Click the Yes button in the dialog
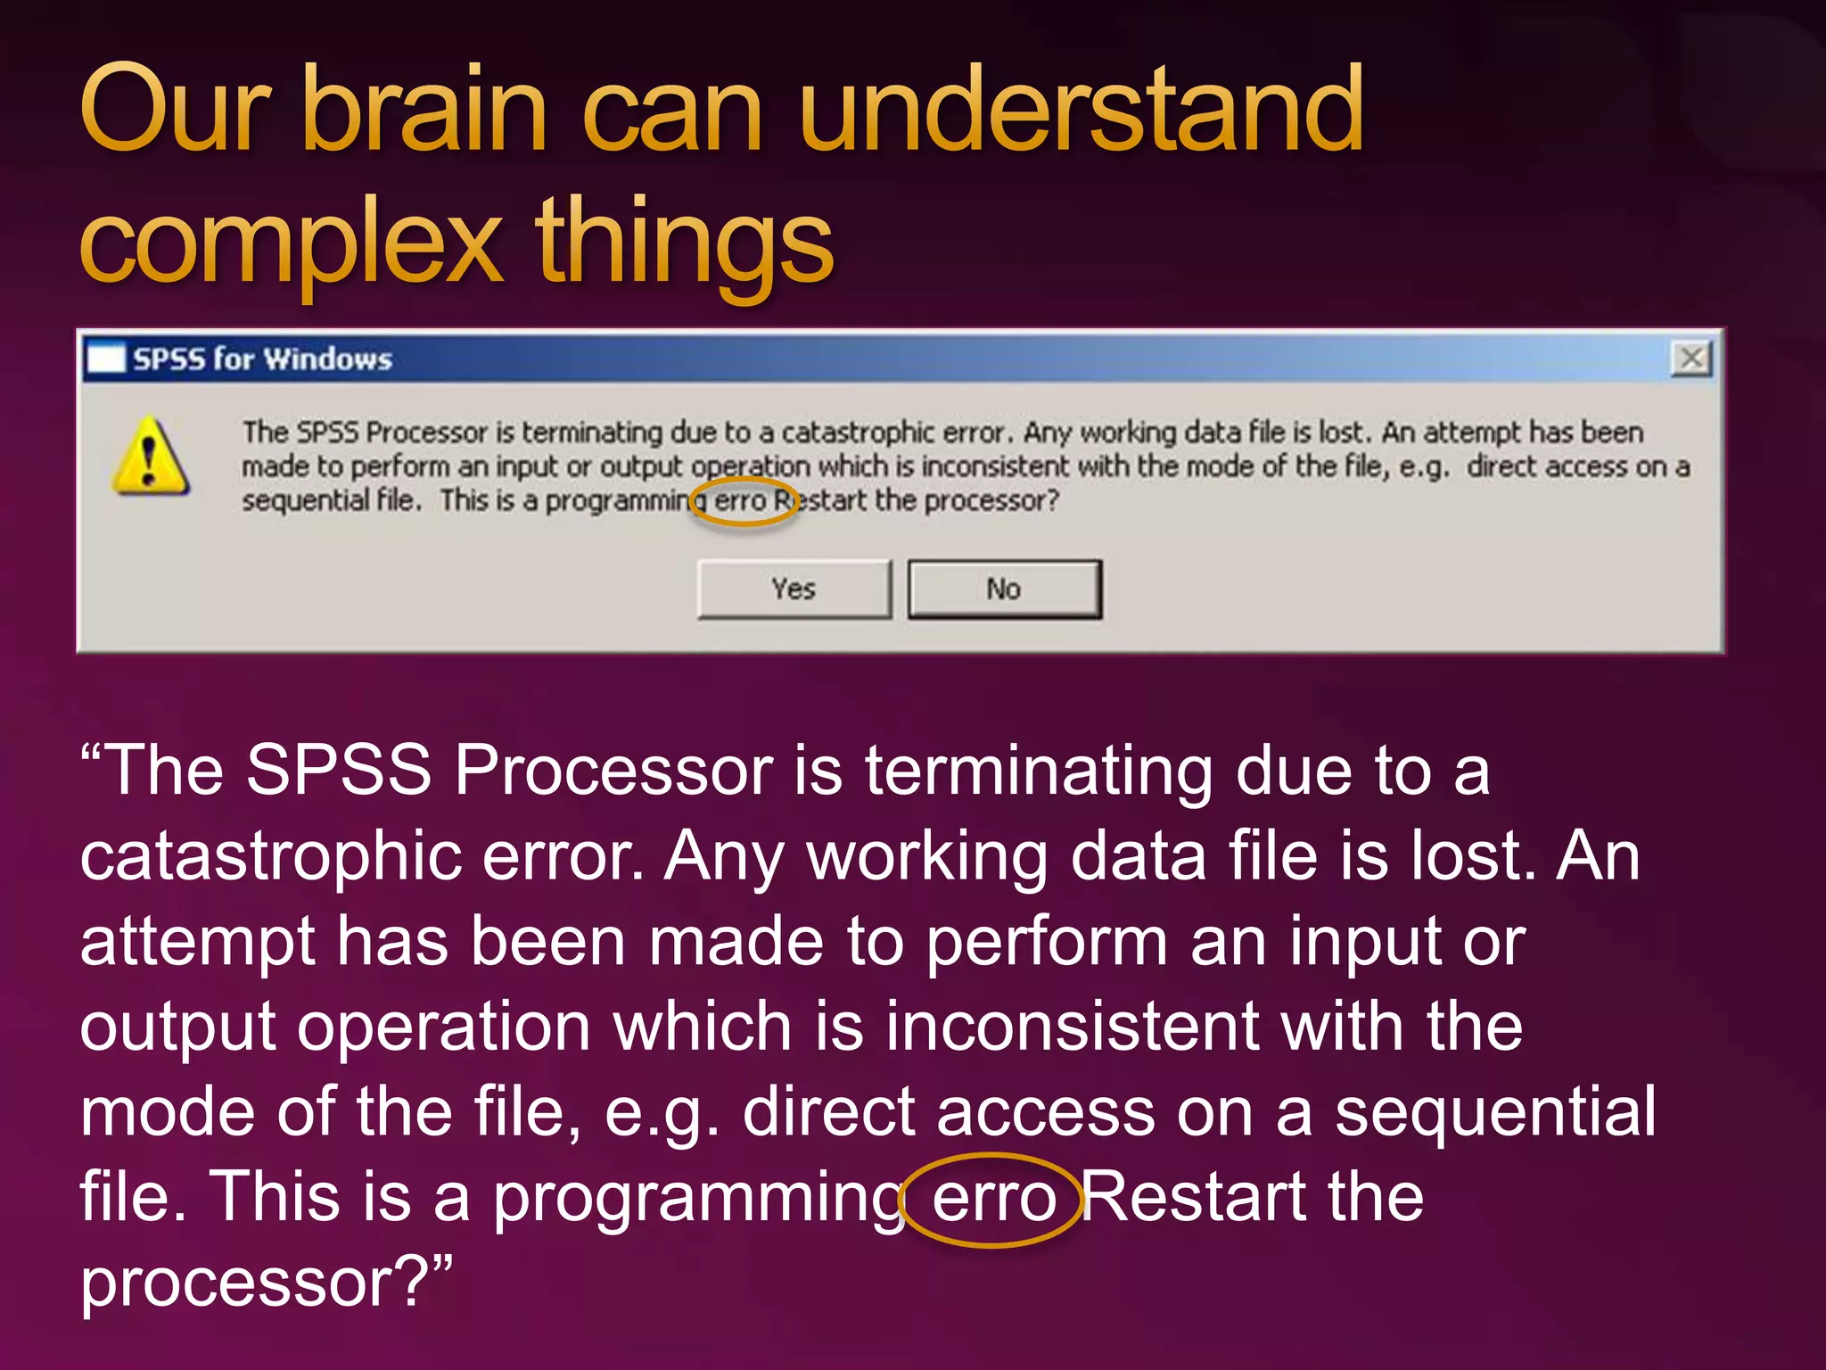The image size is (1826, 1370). pos(794,589)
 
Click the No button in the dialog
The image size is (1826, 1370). pos(1004,589)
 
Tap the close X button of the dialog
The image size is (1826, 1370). pos(1691,359)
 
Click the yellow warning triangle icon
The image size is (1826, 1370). pos(150,457)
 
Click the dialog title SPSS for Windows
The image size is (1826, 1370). pos(262,359)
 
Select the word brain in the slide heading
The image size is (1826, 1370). pos(424,111)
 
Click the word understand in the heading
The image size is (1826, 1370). pos(1081,111)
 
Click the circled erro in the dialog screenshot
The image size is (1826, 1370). pos(740,500)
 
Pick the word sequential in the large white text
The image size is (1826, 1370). pos(1494,1113)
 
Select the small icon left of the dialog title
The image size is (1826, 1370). pos(106,359)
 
